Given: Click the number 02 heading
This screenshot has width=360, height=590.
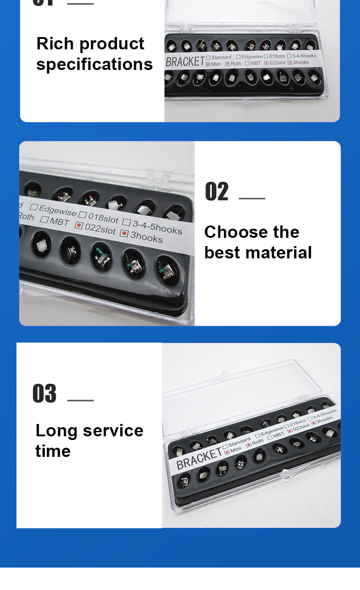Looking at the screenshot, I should (216, 192).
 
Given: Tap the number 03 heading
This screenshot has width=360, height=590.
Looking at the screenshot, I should (44, 393).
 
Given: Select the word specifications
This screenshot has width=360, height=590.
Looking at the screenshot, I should (94, 64).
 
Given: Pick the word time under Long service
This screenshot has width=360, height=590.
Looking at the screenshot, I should (53, 451).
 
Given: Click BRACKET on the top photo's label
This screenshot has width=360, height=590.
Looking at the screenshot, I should (185, 61).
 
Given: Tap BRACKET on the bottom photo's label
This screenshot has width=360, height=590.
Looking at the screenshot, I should (199, 458).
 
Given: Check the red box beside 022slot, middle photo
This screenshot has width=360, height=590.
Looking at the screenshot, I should (79, 225).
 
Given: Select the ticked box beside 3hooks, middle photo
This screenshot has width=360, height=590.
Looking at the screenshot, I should (124, 233).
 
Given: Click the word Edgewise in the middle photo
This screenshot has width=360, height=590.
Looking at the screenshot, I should (58, 211).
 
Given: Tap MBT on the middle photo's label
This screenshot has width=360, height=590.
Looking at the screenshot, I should (60, 222).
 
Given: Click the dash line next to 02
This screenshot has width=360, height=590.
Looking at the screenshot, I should (252, 198).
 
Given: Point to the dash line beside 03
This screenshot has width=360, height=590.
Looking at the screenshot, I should (81, 400).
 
